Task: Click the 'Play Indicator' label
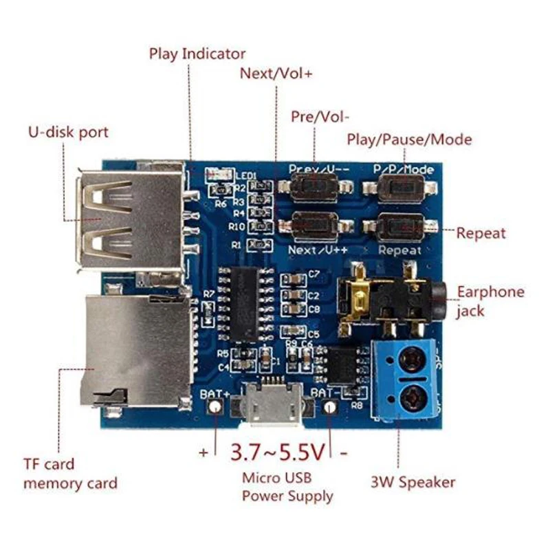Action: tap(197, 54)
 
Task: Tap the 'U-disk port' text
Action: tap(67, 131)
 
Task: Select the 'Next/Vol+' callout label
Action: tap(276, 74)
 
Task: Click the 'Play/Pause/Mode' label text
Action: tap(409, 140)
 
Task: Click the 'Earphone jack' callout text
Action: tap(490, 300)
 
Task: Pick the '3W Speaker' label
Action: tap(412, 482)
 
